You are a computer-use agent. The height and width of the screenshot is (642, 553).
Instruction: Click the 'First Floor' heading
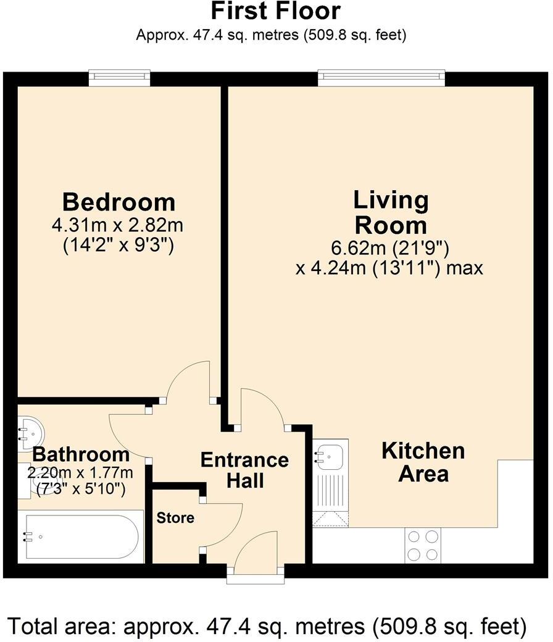pos(275,11)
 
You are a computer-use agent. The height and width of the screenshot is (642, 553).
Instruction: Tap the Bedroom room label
pos(118,202)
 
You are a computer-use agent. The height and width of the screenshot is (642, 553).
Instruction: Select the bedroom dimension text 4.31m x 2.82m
pos(117,225)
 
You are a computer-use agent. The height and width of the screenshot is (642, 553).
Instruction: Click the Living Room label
pos(391,213)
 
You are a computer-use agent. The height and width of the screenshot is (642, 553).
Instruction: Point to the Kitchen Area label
pos(423,462)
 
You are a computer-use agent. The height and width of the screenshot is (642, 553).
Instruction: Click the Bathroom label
pos(81,454)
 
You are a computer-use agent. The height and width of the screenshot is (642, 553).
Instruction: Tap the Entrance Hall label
pos(245,470)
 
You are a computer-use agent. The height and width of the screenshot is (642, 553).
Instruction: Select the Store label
pos(175,518)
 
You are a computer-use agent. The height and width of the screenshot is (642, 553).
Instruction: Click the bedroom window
pos(120,78)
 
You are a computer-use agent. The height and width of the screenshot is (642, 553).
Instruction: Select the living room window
pos(381,78)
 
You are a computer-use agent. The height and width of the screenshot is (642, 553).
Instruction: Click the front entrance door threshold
pos(256,575)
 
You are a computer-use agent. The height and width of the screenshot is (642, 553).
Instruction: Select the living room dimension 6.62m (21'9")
pos(389,248)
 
